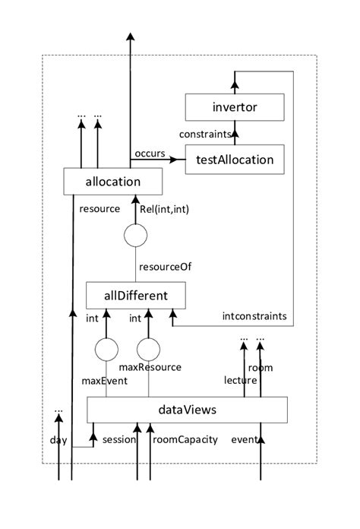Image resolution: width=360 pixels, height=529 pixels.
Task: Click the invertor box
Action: click(x=234, y=108)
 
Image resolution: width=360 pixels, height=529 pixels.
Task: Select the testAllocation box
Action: click(x=234, y=160)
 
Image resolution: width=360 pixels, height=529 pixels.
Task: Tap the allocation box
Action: click(x=113, y=182)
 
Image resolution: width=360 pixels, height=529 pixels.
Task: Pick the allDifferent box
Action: click(x=136, y=294)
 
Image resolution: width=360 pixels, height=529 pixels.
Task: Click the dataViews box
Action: click(x=188, y=410)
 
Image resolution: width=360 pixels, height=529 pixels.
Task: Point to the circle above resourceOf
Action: click(x=135, y=236)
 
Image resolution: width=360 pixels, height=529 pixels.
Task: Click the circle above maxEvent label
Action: click(x=107, y=350)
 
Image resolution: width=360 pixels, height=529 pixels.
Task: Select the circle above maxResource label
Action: click(x=150, y=350)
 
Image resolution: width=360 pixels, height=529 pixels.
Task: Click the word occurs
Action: click(x=150, y=154)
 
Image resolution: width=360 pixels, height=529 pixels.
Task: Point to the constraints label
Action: click(x=204, y=135)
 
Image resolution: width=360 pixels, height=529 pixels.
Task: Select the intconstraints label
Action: click(x=254, y=315)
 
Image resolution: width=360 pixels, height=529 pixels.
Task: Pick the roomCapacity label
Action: click(x=185, y=439)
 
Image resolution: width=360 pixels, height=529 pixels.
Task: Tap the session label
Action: click(x=118, y=439)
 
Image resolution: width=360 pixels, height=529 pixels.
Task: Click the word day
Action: click(x=58, y=440)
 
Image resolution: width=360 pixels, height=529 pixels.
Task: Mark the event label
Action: click(x=245, y=439)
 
